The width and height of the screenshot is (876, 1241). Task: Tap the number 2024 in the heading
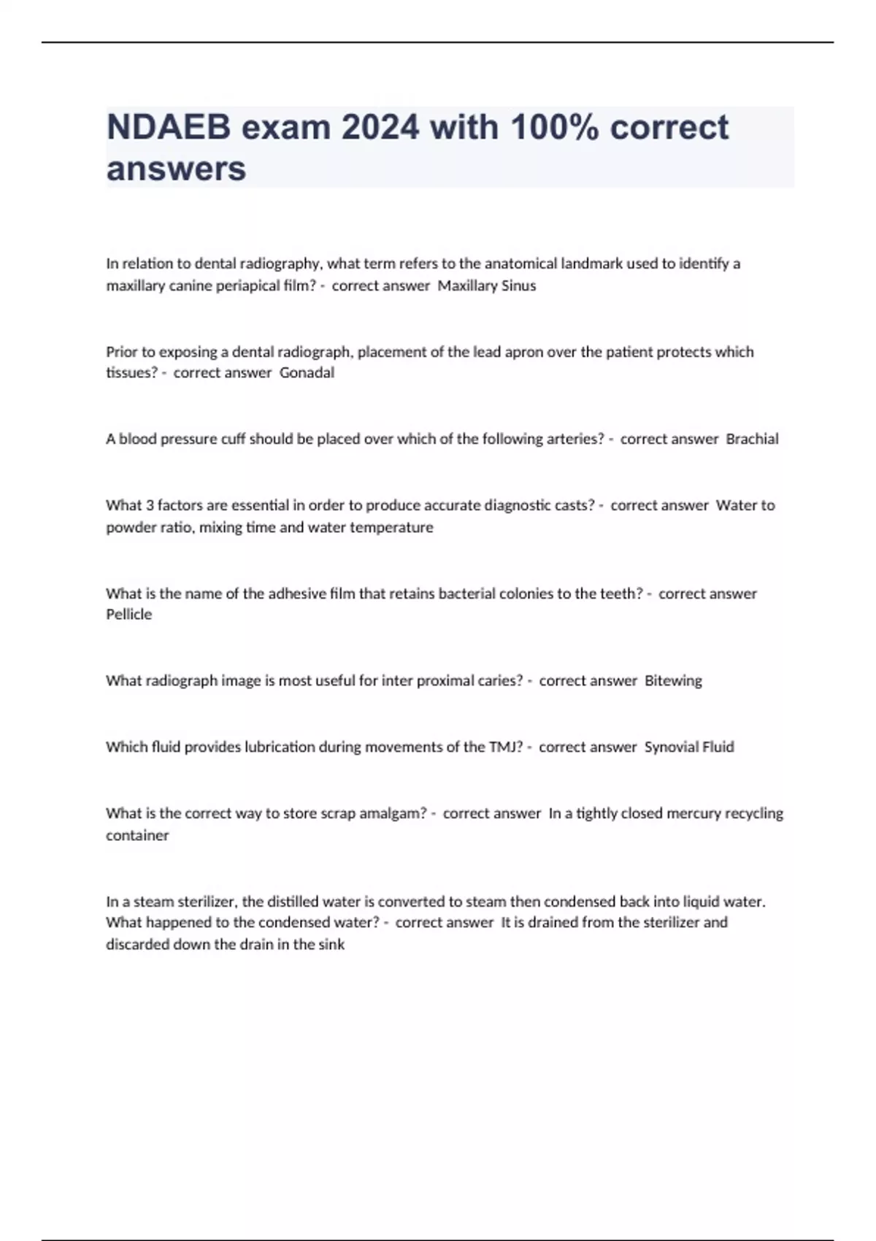[x=380, y=128]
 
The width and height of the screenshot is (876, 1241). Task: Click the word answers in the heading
[x=176, y=169]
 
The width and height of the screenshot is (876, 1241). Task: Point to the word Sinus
[x=518, y=286]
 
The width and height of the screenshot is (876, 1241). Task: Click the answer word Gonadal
[x=307, y=373]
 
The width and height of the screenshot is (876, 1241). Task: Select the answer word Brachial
[x=752, y=439]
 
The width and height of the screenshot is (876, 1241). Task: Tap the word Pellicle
[x=129, y=615]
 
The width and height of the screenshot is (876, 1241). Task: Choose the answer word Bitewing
[x=673, y=681]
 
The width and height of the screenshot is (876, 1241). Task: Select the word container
[x=137, y=836]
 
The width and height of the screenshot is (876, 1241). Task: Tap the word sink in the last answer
[x=331, y=945]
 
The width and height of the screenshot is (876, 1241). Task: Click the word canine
[x=191, y=286]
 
